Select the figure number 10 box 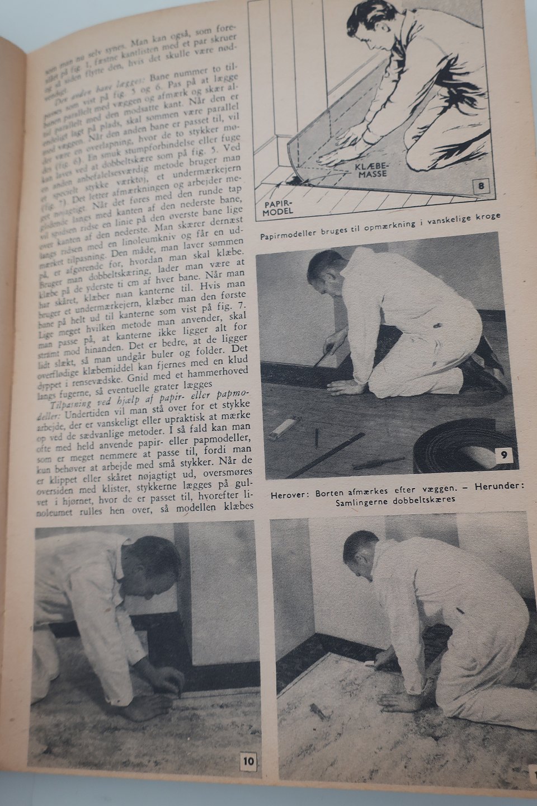tap(248, 761)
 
